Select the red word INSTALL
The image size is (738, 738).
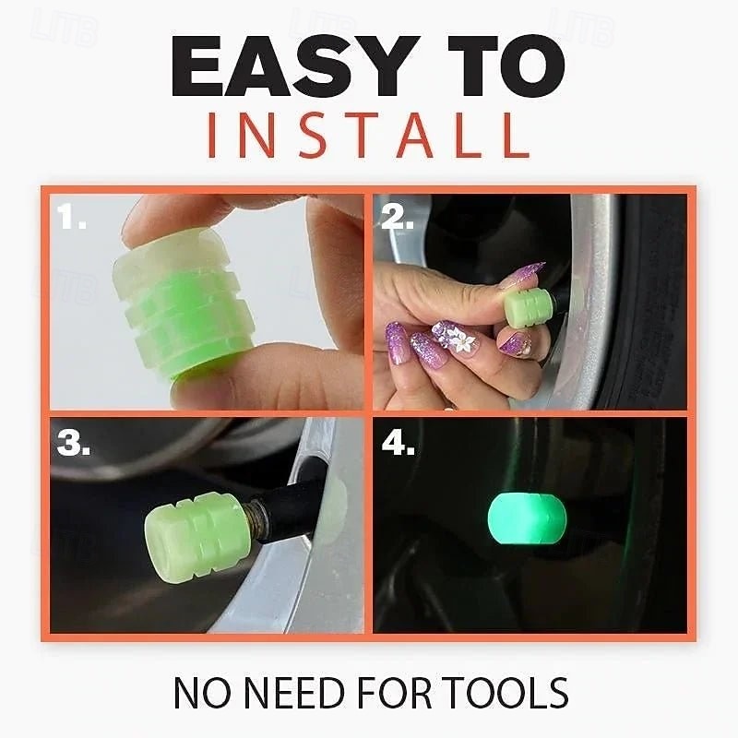pos(368,135)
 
